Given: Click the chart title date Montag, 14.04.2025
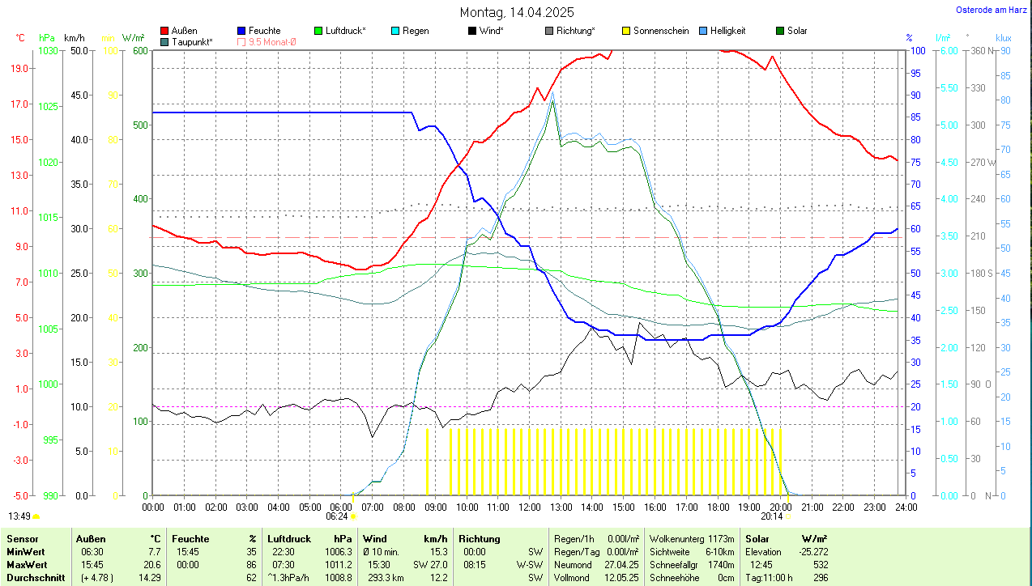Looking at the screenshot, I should click(517, 12).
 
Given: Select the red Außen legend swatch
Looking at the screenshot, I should click(165, 31).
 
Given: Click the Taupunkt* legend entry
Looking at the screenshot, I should click(192, 41).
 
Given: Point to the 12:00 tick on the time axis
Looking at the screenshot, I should click(530, 507).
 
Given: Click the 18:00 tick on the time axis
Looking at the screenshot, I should click(718, 507).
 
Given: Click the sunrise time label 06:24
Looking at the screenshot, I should click(337, 516).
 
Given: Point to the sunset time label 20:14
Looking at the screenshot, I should click(772, 516).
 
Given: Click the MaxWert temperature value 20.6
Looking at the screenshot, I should click(151, 564).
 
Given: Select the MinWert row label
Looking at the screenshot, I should click(26, 551).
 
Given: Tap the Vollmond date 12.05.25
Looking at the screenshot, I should click(620, 577).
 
